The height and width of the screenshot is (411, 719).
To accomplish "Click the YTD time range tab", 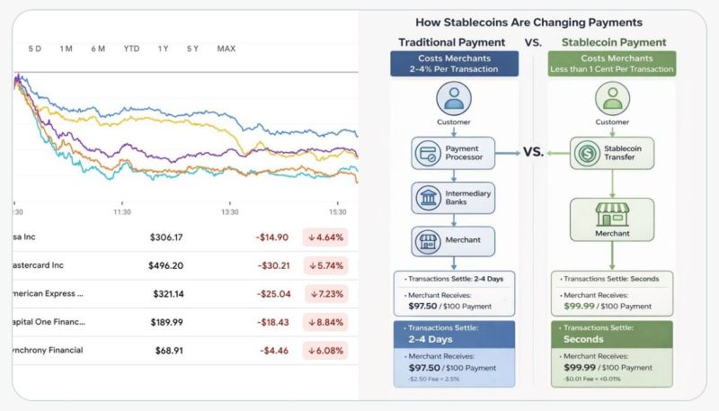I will pyautogui.click(x=131, y=49).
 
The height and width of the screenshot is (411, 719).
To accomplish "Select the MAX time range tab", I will pyautogui.click(x=226, y=49).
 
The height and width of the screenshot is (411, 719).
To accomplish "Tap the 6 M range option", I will pyautogui.click(x=98, y=49).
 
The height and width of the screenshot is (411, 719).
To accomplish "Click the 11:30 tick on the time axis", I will pyautogui.click(x=122, y=211).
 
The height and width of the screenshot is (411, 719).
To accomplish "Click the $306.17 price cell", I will pyautogui.click(x=166, y=237).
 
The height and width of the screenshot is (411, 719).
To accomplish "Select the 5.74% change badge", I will pyautogui.click(x=325, y=266).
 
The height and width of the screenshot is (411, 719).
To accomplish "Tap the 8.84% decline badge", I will pyautogui.click(x=325, y=322).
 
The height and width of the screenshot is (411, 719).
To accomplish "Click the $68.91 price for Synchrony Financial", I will pyautogui.click(x=169, y=350).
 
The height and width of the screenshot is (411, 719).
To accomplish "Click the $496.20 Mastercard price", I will pyautogui.click(x=166, y=266).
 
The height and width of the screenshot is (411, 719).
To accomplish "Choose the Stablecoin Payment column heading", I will pyautogui.click(x=614, y=42).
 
